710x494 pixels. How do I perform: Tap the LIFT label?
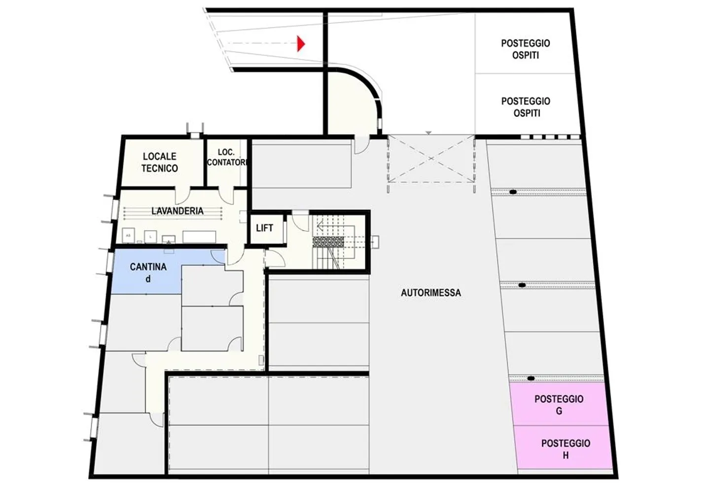click(264, 228)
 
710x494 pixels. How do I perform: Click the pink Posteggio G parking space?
click(559, 404)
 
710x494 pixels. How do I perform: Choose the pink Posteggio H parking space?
click(565, 449)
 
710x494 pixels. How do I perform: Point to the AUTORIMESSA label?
click(430, 293)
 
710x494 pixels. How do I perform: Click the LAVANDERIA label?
click(177, 211)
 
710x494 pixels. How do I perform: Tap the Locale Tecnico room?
click(160, 162)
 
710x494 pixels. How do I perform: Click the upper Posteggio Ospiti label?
click(526, 49)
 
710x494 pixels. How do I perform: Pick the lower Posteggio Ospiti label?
click(526, 107)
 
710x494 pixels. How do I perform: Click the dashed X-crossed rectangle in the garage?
click(430, 159)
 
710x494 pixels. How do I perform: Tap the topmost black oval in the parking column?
click(513, 192)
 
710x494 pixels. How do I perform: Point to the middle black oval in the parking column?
click(522, 285)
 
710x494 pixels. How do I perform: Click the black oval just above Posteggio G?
click(531, 379)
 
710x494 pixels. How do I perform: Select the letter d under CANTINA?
click(148, 279)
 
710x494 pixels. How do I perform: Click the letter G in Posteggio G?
click(559, 411)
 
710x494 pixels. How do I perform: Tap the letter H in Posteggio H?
click(566, 455)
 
